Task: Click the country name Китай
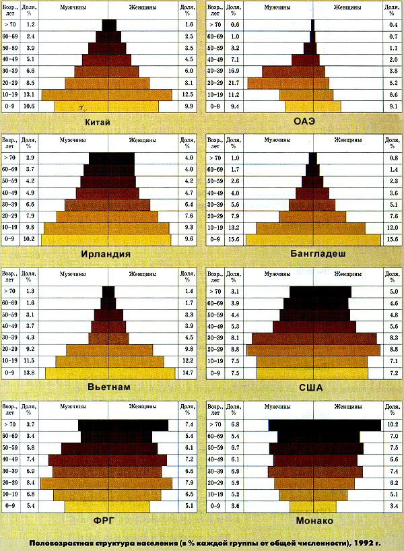[x=98, y=122]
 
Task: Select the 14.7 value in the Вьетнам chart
[x=188, y=372]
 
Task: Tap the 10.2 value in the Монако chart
[x=394, y=424]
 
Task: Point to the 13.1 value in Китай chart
[x=30, y=95]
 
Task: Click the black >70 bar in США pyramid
[x=320, y=292]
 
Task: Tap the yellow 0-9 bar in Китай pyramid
[x=106, y=106]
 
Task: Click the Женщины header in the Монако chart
[x=344, y=408]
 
